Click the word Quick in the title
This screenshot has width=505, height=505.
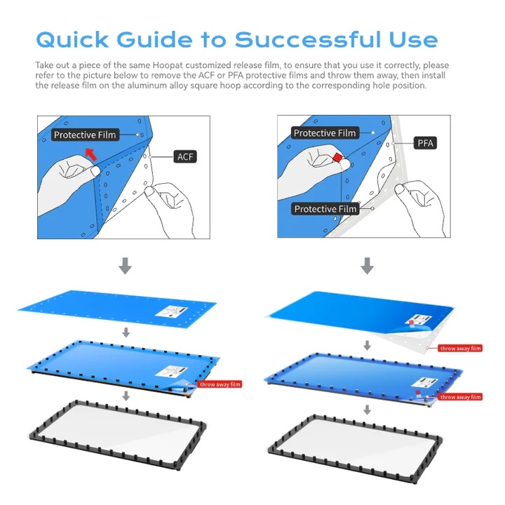pyautogui.click(x=72, y=40)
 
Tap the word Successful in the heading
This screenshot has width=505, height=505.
pyautogui.click(x=308, y=39)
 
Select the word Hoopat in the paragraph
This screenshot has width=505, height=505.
pyautogui.click(x=168, y=65)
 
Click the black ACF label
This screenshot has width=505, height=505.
pyautogui.click(x=185, y=157)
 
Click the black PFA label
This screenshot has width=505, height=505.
pyautogui.click(x=425, y=142)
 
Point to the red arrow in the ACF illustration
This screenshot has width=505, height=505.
pyautogui.click(x=90, y=154)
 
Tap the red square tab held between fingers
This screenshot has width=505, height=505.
pyautogui.click(x=338, y=158)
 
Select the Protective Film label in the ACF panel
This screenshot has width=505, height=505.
pyautogui.click(x=85, y=135)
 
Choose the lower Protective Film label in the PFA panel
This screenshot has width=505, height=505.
pyautogui.click(x=325, y=209)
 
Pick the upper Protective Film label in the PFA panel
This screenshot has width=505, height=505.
pyautogui.click(x=325, y=133)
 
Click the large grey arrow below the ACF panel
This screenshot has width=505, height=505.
pyautogui.click(x=125, y=265)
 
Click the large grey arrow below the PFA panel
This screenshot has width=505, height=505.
pyautogui.click(x=367, y=265)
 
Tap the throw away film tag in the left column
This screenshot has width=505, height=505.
pyautogui.click(x=220, y=384)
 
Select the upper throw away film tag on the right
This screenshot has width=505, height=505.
pyautogui.click(x=460, y=348)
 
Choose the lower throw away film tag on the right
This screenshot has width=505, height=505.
pyautogui.click(x=460, y=397)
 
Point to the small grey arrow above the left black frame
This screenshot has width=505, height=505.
pyautogui.click(x=126, y=396)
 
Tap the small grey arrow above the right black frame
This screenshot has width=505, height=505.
pyautogui.click(x=367, y=410)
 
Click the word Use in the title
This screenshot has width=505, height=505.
pyautogui.click(x=413, y=39)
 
